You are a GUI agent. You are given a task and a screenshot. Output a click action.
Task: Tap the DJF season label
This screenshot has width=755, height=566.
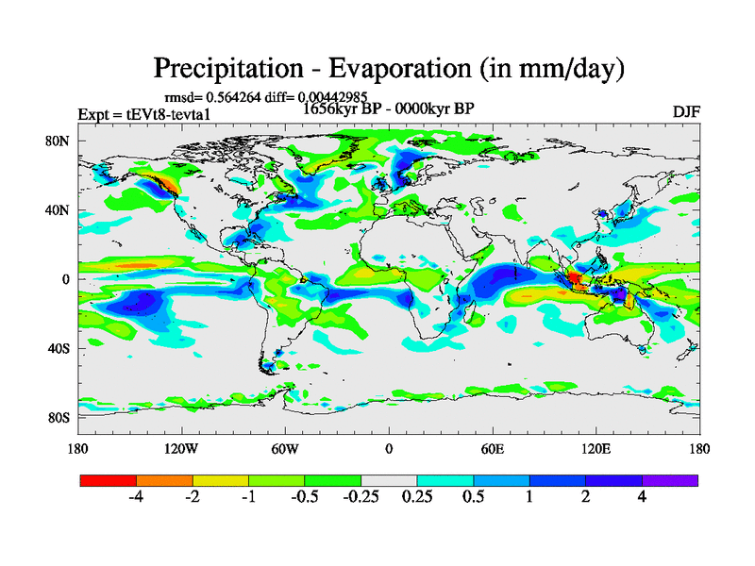686,111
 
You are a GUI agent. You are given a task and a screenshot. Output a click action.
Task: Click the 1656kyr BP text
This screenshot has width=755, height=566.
344,108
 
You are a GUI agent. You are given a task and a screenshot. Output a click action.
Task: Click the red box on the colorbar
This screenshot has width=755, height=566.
109,480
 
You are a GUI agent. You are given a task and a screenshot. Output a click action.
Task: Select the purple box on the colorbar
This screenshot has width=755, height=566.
670,480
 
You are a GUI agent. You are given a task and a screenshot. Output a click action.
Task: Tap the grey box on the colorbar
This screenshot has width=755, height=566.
389,480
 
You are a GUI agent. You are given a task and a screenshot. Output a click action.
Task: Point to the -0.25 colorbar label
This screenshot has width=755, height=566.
359,497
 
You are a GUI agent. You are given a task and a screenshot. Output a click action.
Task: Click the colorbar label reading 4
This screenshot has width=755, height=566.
642,497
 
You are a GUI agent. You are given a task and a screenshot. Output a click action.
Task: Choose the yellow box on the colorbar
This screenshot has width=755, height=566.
221,480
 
